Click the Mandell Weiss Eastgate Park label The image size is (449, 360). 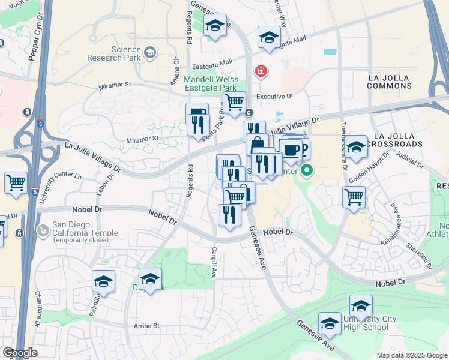[211, 83]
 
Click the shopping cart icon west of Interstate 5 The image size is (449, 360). [16, 182]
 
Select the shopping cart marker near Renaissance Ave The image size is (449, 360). [354, 196]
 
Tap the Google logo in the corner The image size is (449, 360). [20, 353]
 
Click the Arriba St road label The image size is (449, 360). [146, 325]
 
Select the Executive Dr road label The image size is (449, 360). [274, 96]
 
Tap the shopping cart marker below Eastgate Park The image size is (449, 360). [234, 101]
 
